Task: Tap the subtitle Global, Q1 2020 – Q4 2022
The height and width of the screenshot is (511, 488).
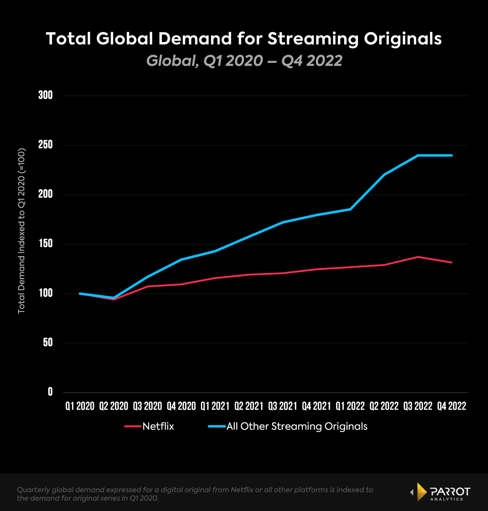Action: [x=244, y=60]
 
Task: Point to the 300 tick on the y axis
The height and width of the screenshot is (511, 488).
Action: [x=45, y=95]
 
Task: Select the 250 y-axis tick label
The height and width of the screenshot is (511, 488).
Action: [x=45, y=145]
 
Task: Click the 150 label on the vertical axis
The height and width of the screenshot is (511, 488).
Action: [x=45, y=244]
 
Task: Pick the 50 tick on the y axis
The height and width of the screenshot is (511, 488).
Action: [x=48, y=342]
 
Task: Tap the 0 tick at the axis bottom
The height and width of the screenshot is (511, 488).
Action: [x=50, y=392]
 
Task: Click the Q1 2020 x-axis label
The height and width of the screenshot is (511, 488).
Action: [x=80, y=406]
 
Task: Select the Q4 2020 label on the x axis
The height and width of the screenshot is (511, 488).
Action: [x=181, y=406]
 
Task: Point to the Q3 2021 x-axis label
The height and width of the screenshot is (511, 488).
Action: [x=283, y=406]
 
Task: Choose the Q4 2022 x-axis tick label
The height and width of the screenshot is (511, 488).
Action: [x=452, y=406]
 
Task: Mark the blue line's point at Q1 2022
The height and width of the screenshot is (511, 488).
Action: [x=350, y=209]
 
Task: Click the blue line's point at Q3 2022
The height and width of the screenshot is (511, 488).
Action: [x=418, y=155]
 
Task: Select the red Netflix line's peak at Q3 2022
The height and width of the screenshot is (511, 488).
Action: [x=418, y=257]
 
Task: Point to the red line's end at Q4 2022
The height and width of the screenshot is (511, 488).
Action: [x=452, y=262]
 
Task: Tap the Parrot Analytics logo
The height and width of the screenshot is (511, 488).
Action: [x=441, y=492]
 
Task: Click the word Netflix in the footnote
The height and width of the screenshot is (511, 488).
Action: [x=242, y=490]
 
